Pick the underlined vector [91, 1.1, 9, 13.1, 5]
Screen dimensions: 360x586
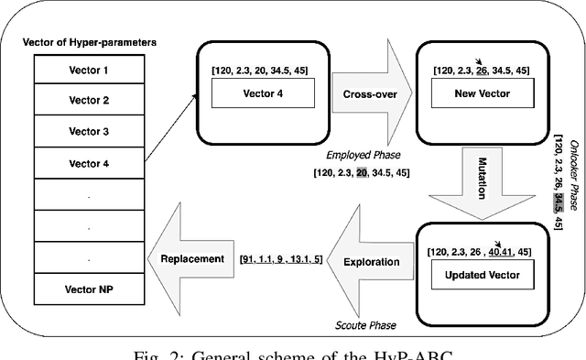tap(282, 259)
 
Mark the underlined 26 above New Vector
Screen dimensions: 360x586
tap(482, 70)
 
